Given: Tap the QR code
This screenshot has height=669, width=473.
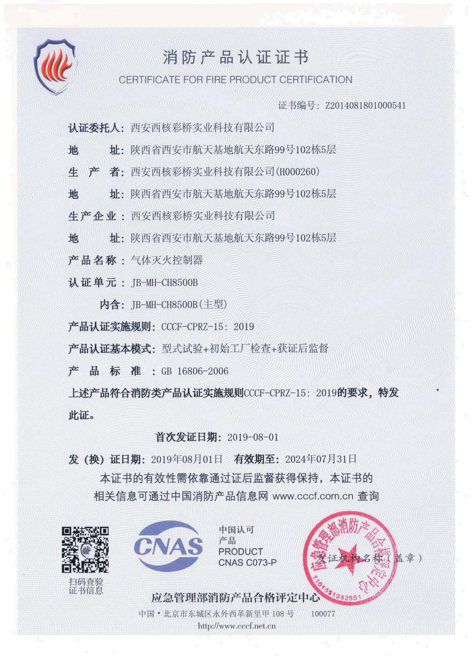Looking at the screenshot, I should (85, 549).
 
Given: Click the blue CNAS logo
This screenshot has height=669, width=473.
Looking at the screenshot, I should (168, 545).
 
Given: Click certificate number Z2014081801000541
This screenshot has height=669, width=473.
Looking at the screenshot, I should (366, 106).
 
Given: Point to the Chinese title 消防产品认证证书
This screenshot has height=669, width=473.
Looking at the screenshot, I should (235, 58).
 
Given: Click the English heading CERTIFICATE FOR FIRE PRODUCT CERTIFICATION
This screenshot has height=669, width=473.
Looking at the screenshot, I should (235, 80).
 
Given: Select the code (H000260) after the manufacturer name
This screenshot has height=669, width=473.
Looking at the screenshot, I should (298, 172).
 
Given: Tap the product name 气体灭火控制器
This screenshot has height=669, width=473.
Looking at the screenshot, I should (167, 260).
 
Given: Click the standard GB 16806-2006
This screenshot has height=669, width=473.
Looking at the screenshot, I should (195, 371).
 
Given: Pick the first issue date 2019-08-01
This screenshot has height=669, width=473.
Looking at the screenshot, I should (253, 437).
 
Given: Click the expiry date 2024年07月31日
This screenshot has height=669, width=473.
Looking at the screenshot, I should (321, 459).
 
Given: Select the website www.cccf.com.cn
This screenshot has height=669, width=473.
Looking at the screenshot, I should (313, 496).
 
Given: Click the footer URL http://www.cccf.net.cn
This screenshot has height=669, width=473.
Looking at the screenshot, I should (236, 626).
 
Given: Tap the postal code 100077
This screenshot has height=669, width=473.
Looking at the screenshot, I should (322, 614).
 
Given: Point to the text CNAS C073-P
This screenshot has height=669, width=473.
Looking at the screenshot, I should (247, 562).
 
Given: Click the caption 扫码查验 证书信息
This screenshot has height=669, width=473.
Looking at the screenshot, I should (86, 586).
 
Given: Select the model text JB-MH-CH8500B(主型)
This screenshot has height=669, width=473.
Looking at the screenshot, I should (179, 305).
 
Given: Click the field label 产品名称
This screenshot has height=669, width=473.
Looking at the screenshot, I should (92, 261).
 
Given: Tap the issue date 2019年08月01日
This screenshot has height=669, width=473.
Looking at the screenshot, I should (186, 459).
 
